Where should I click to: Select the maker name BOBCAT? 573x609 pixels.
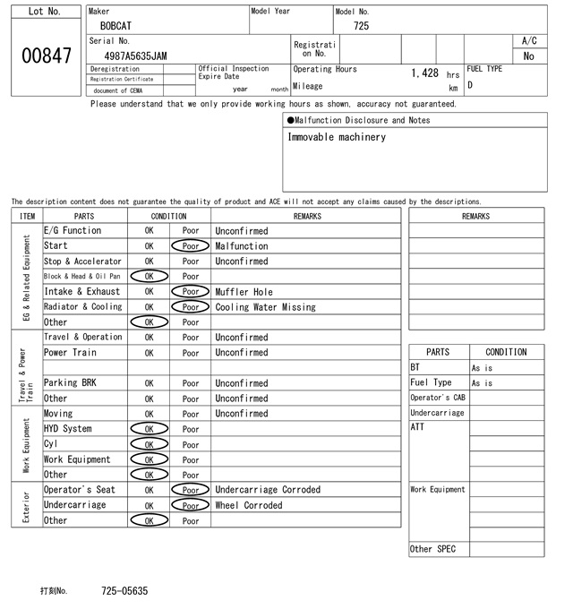click(x=115, y=26)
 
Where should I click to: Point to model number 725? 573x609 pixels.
click(x=361, y=26)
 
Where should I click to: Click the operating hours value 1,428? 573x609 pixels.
click(x=424, y=73)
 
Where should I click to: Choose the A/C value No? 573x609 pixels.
click(x=528, y=56)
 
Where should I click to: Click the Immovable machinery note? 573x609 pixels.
click(x=337, y=137)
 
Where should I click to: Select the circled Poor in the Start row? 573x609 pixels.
click(x=191, y=246)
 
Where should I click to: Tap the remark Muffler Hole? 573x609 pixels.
click(x=244, y=292)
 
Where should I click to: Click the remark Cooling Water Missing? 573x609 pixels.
click(x=265, y=307)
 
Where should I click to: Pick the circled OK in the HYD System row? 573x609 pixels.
click(x=149, y=429)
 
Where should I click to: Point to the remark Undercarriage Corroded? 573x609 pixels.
click(x=267, y=490)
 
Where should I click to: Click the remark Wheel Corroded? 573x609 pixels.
click(x=248, y=505)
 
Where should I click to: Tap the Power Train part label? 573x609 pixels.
click(x=70, y=353)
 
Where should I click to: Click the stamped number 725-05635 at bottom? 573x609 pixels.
click(x=124, y=591)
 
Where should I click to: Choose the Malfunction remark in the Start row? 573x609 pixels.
click(x=241, y=246)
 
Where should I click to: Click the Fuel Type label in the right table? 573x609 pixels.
click(x=431, y=383)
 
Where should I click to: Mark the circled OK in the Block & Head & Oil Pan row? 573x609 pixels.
click(x=149, y=277)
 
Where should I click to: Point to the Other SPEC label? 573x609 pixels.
click(x=433, y=549)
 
